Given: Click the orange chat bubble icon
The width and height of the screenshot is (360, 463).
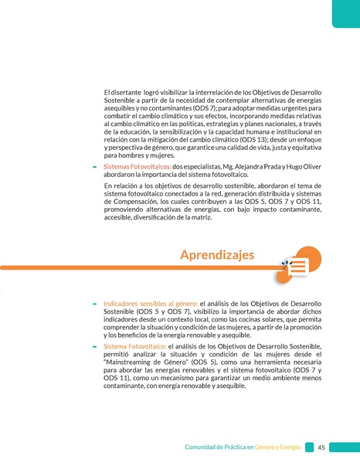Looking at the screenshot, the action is tap(298, 266).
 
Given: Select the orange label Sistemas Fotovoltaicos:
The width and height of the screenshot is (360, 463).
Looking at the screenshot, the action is tap(137, 166).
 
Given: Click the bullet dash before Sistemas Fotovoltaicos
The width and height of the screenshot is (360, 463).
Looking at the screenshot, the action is tap(94, 167).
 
